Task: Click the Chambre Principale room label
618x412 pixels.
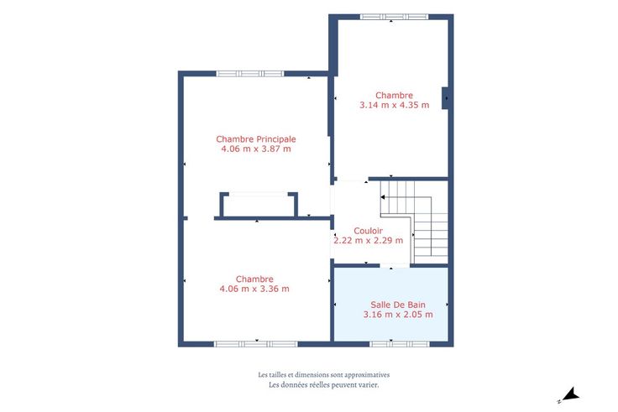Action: point(256,139)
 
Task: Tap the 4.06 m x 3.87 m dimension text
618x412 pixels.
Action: point(256,149)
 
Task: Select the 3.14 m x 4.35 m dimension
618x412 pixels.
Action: point(394,105)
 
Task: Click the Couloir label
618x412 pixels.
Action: point(368,231)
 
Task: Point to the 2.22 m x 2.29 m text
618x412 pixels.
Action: point(368,240)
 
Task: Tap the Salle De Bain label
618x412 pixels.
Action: point(398,305)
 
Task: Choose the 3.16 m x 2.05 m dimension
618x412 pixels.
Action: point(398,315)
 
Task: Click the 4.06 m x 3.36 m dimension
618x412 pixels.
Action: point(254,289)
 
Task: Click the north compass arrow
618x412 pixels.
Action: point(570,394)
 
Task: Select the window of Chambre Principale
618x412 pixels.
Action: point(250,74)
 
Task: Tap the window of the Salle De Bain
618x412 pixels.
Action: point(399,344)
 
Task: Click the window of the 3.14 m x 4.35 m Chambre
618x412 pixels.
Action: point(394,17)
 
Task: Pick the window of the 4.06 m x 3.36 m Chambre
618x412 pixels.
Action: point(256,344)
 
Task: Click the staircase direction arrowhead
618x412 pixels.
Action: point(382,197)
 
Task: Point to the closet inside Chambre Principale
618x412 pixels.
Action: point(259,205)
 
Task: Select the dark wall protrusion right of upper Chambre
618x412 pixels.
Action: point(445,98)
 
